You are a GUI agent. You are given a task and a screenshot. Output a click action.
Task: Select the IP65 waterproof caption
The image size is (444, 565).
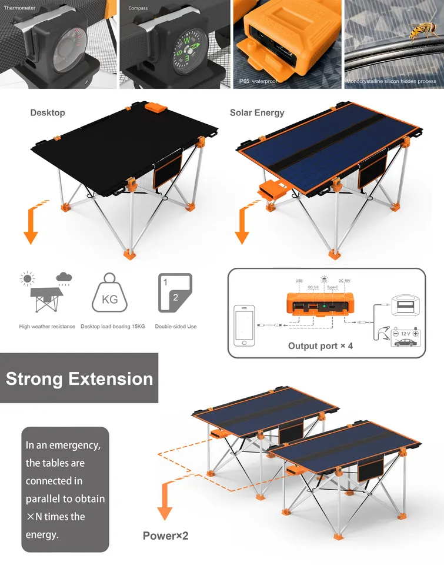257,81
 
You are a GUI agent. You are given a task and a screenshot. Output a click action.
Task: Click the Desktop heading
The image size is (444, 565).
48,112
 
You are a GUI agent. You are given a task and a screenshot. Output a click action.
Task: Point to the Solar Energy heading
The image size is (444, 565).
257,112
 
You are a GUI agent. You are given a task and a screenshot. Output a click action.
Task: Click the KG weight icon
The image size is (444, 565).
109,293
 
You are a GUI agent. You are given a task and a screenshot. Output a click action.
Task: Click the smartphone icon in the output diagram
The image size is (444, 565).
245,326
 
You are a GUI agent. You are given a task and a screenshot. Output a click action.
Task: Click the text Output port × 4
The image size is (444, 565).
321,345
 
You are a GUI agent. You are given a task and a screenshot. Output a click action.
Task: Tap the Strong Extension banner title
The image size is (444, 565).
79,378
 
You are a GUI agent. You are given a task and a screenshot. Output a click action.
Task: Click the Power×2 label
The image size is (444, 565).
165,536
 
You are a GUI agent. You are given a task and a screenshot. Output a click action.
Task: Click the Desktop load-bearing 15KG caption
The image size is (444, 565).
112,327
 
